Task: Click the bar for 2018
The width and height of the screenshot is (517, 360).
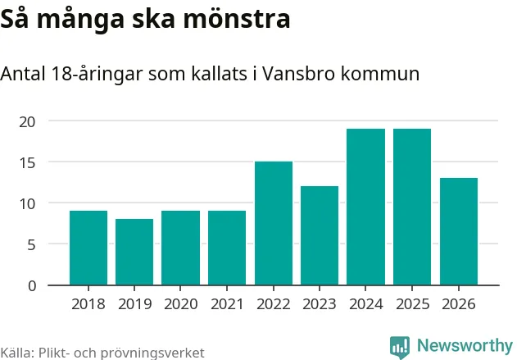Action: click(x=88, y=248)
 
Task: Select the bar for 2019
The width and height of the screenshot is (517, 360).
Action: click(x=134, y=252)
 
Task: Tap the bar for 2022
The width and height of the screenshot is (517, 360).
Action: click(x=274, y=223)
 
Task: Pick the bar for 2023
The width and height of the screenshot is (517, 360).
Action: click(x=320, y=235)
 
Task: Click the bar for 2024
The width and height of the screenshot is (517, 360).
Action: click(x=365, y=207)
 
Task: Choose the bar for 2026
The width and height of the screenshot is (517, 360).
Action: click(x=459, y=231)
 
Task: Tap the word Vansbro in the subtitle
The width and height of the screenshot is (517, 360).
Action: click(x=310, y=74)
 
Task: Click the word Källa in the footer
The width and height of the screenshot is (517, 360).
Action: click(x=16, y=353)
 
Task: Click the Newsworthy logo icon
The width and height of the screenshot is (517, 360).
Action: click(x=399, y=346)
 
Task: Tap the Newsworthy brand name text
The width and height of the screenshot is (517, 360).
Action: click(x=465, y=345)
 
